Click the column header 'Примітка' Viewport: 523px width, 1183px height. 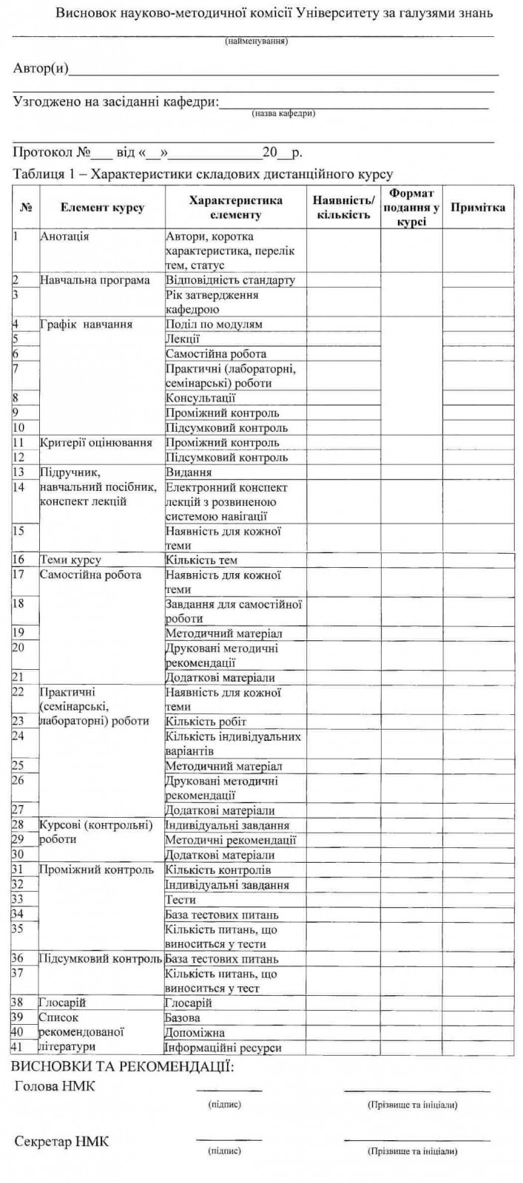tap(478, 208)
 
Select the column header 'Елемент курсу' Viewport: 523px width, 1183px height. tap(102, 208)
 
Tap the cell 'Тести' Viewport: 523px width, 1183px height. tap(181, 899)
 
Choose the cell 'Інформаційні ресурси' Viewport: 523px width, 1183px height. tap(223, 1047)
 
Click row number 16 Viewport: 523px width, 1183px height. tap(19, 560)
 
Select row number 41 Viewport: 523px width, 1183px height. tap(19, 1047)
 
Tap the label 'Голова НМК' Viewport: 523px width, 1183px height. tap(55, 1086)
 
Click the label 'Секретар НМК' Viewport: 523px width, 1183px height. tap(61, 1142)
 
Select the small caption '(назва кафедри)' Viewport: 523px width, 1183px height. tap(283, 114)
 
